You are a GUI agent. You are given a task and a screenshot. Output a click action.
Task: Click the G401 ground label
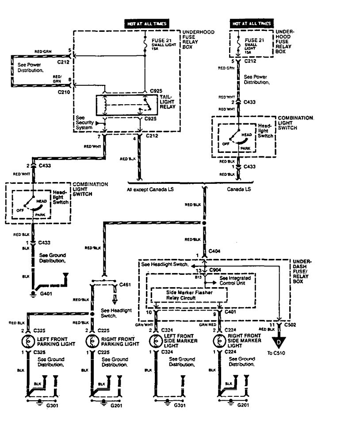click(x=45, y=293)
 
